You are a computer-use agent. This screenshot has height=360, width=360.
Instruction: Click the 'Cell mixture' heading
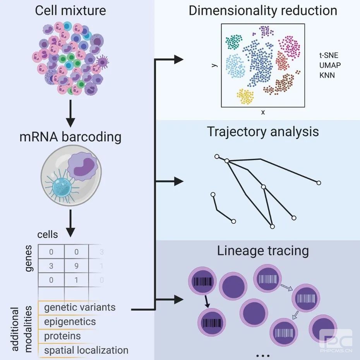(70, 10)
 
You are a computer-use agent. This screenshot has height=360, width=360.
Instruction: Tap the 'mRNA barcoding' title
(70, 137)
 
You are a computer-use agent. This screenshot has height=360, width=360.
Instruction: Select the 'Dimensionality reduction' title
(263, 10)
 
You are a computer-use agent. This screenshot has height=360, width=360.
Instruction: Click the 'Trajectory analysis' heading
(263, 132)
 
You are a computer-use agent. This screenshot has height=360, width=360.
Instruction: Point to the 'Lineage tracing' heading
(263, 251)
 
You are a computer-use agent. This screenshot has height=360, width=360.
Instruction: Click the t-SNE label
(329, 55)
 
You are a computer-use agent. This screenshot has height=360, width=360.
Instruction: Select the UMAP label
(330, 65)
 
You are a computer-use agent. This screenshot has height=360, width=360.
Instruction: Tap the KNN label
(327, 75)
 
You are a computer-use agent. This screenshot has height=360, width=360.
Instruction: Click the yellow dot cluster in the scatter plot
(245, 96)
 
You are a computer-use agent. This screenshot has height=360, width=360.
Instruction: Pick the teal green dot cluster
(234, 42)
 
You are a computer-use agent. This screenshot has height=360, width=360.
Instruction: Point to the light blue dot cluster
(235, 66)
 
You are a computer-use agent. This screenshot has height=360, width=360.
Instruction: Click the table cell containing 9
(77, 266)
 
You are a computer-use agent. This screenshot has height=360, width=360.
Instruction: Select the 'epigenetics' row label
(70, 322)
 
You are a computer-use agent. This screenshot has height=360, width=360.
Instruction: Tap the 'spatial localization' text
(86, 350)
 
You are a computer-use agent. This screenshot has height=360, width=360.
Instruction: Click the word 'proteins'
(62, 336)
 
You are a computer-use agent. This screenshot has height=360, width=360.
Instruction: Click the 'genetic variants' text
(80, 307)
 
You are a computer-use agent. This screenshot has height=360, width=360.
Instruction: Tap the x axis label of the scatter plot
(263, 112)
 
